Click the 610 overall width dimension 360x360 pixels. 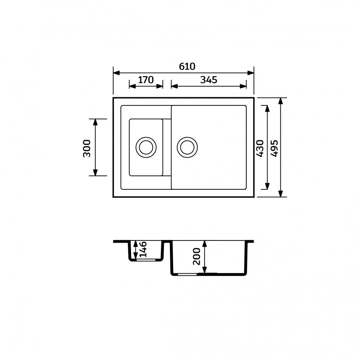coord(187,66)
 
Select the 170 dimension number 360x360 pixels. coord(146,80)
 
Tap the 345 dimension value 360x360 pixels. coord(208,80)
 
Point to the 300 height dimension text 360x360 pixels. coord(87,148)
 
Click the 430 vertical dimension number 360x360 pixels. coord(260,148)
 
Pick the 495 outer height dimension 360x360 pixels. coord(274,148)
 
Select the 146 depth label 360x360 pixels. coord(143,249)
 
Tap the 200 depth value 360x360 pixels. coord(197,256)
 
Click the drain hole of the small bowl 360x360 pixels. coord(146,147)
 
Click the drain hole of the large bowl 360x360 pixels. coord(187,147)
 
